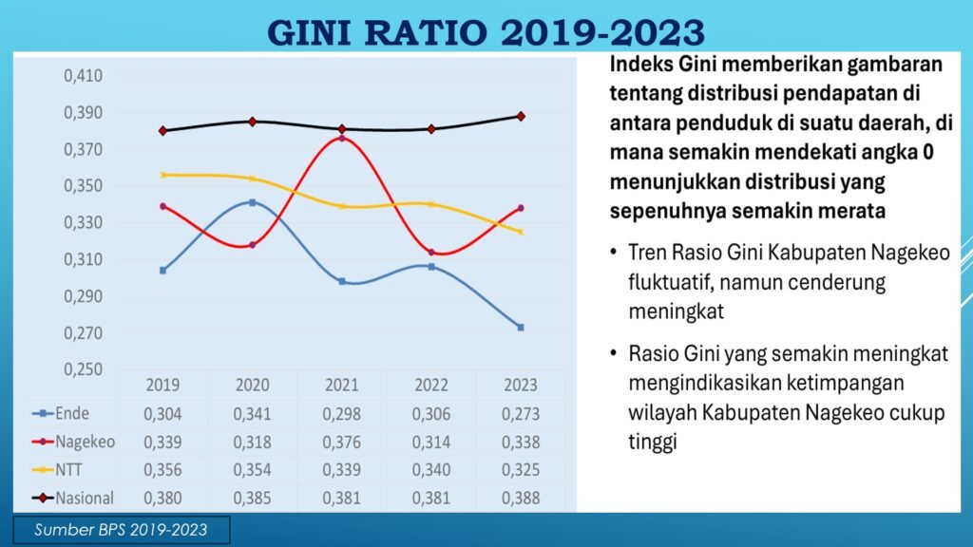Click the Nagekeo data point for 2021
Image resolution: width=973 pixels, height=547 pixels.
[341, 139]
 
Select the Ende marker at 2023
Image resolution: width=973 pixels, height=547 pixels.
[520, 328]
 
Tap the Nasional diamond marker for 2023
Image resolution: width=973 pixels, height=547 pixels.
[520, 116]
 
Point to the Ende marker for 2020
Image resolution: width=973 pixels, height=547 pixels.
[252, 202]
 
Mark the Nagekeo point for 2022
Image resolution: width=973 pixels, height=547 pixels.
[430, 253]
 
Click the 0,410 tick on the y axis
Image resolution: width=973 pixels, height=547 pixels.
[83, 76]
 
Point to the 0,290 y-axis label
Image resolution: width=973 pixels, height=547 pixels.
[83, 297]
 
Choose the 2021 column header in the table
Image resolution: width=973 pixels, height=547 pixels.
[341, 386]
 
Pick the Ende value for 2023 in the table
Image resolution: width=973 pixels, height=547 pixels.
[520, 414]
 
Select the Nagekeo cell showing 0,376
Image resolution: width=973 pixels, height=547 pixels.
[341, 442]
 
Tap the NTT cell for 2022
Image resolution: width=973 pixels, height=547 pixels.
[430, 470]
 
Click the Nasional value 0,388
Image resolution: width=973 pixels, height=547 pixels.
[520, 498]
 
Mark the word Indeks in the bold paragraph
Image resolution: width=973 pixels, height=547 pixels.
[639, 66]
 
